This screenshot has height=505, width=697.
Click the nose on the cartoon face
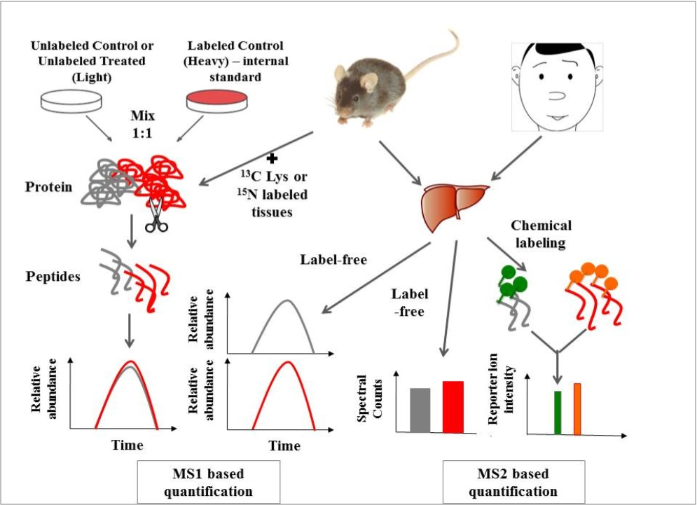(563, 95)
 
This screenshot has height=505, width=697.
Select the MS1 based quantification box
(208, 482)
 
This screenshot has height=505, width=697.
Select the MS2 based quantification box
(513, 482)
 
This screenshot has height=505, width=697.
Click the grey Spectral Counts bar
(420, 410)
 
